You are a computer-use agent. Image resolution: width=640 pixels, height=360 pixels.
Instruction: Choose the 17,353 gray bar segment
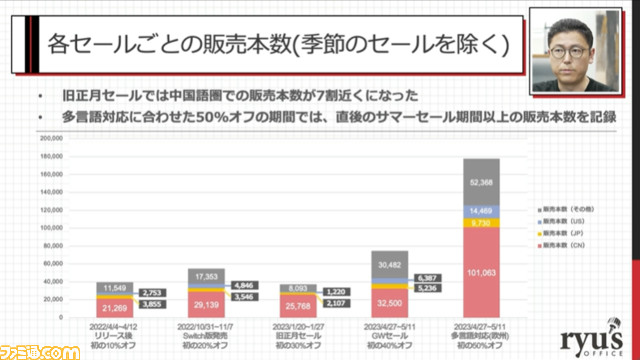point(210,273)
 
